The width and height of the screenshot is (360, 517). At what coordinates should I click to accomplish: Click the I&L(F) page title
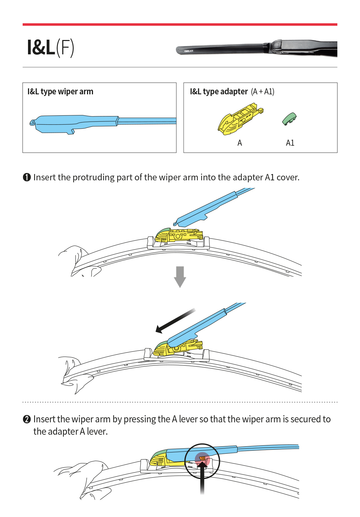(50, 47)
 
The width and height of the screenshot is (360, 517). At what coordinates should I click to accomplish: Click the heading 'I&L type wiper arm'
(60, 92)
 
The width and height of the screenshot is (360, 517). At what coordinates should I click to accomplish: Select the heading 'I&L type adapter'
(219, 92)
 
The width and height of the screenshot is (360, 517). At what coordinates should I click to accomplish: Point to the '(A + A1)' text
(263, 92)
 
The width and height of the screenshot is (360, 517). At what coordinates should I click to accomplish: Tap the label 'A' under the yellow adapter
(240, 143)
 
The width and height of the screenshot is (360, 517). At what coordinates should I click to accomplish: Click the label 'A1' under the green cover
(290, 143)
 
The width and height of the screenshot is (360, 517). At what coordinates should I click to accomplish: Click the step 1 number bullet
(27, 177)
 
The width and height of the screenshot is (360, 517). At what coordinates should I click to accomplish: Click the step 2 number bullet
(27, 419)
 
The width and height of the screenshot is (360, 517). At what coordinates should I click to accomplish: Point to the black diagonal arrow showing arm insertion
(175, 321)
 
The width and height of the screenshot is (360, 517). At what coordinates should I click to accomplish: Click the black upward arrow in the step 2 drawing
(202, 477)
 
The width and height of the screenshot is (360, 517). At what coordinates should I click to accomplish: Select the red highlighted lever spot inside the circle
(202, 459)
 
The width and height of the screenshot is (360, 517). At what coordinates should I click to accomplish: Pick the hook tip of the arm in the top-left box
(32, 123)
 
